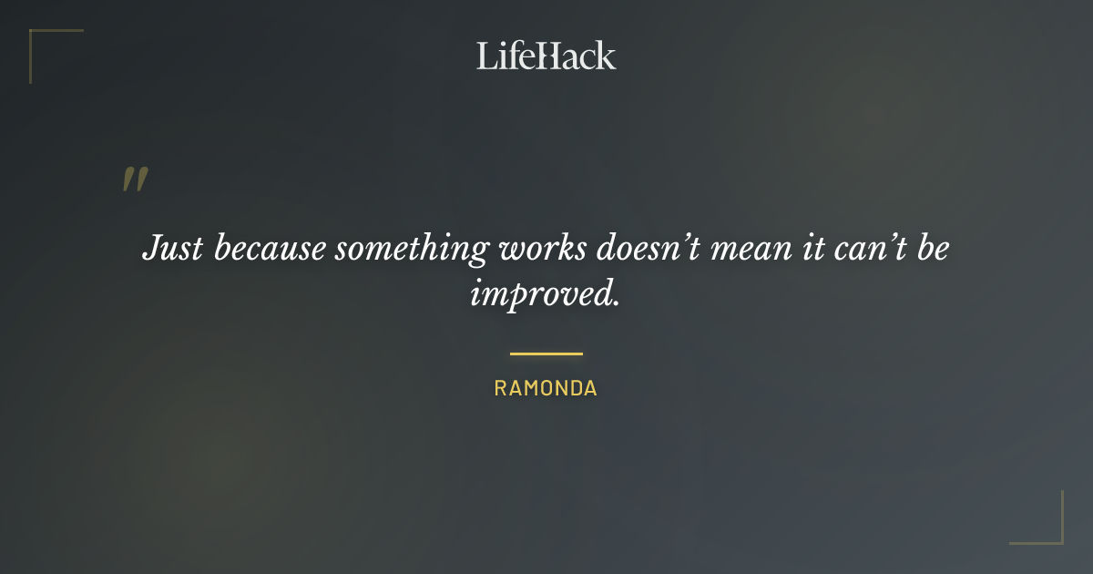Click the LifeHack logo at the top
546,56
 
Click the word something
414,249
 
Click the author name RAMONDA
546,388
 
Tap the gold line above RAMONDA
546,354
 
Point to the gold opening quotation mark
135,179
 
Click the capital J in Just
151,248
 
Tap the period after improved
616,302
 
